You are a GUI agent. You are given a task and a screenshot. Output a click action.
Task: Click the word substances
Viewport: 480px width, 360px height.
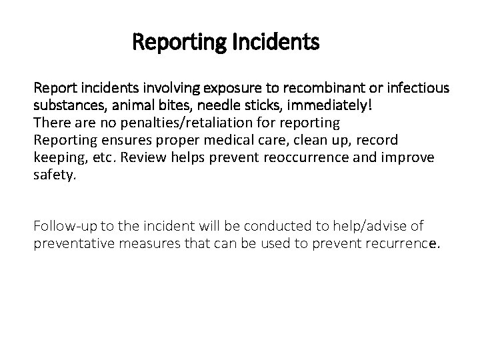(62, 106)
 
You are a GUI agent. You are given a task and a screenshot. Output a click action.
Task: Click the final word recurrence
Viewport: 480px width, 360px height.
(405, 243)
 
